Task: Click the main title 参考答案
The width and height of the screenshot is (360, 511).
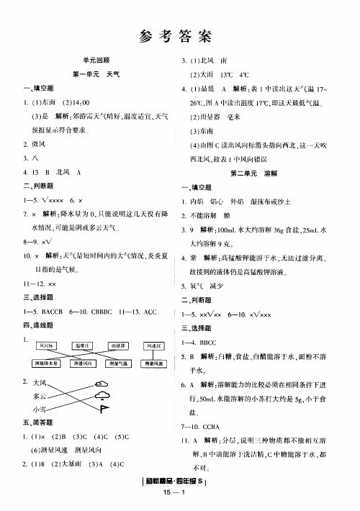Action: (180, 34)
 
